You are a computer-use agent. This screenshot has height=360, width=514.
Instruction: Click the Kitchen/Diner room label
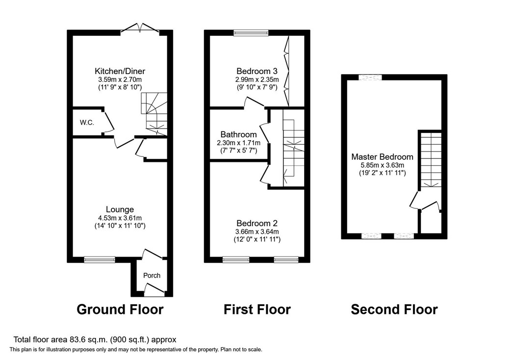120,71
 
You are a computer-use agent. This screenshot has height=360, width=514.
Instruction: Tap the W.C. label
87,122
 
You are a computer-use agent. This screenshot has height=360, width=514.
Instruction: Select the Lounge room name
120,209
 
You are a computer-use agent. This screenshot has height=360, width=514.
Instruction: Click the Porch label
152,275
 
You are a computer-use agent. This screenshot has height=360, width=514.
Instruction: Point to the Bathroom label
238,134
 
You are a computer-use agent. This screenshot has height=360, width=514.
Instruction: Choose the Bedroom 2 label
257,222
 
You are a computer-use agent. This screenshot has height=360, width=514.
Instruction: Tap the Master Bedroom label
382,157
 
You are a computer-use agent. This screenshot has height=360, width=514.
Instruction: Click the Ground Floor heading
120,309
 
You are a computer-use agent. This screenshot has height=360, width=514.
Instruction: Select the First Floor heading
257,309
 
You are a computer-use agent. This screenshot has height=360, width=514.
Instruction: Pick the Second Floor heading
394,309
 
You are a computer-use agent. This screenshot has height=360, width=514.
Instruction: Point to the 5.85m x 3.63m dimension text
382,165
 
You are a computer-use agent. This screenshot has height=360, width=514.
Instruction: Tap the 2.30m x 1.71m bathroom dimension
238,143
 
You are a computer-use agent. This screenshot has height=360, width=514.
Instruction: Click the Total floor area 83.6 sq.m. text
94,339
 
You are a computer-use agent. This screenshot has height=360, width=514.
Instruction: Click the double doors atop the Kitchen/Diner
140,29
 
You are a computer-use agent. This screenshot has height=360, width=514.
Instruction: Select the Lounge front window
99,259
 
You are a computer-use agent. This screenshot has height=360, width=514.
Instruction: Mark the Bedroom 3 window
251,33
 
